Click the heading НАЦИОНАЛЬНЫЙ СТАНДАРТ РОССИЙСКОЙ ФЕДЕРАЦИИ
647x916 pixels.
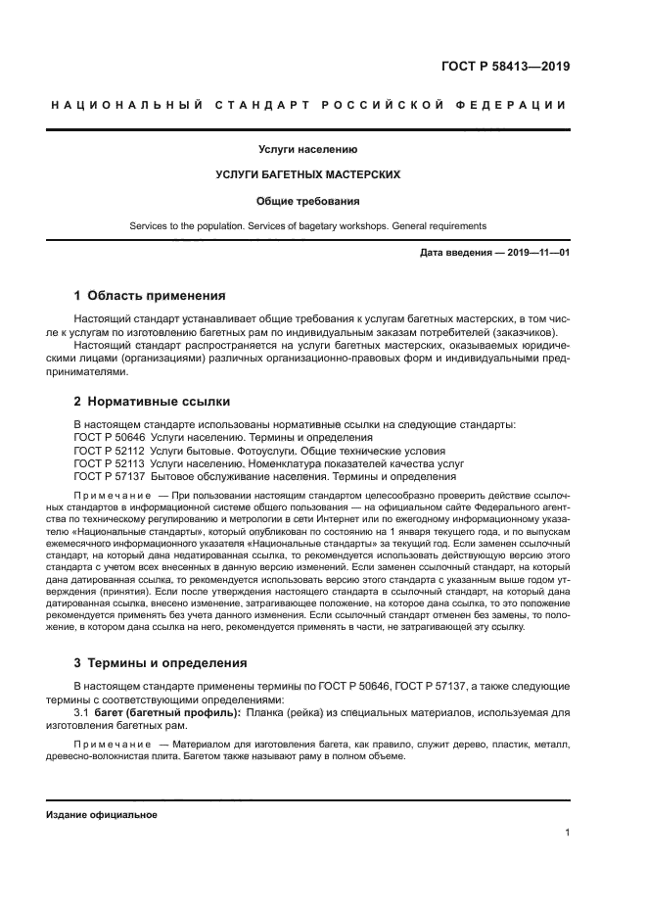308,105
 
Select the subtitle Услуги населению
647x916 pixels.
307,150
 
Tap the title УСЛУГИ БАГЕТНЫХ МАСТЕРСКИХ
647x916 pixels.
307,175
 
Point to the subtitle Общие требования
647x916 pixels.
307,201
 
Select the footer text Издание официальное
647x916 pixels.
101,815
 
